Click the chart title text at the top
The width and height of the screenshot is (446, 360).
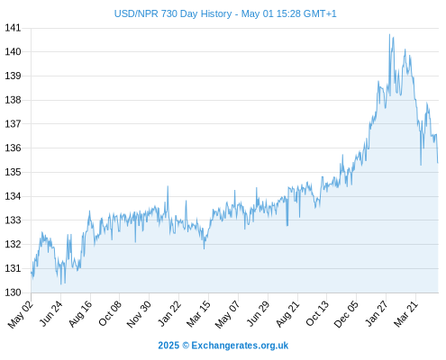[225, 13]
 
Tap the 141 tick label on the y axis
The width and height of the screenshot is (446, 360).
[13, 28]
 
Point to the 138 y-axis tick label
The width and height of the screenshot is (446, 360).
[13, 100]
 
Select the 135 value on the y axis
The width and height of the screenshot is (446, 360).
[13, 172]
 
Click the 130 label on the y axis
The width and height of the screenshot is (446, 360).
[13, 292]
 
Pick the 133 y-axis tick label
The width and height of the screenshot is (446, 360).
[13, 220]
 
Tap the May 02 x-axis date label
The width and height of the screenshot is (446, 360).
[21, 314]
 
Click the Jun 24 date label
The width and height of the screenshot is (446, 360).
[51, 313]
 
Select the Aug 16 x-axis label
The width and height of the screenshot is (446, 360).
[80, 313]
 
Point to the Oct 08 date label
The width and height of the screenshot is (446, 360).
[110, 313]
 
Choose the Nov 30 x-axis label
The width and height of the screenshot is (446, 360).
[139, 314]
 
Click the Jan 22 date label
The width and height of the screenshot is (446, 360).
[169, 313]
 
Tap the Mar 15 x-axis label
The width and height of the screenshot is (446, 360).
[198, 313]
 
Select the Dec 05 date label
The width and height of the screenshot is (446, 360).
[346, 314]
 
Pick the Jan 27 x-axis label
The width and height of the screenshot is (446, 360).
[377, 313]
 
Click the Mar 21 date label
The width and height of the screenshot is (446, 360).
[405, 313]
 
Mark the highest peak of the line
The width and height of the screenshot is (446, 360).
[389, 34]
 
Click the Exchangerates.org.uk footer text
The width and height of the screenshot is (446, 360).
[240, 346]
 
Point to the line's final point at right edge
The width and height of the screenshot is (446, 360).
[438, 163]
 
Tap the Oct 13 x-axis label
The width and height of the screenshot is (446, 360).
[317, 313]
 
